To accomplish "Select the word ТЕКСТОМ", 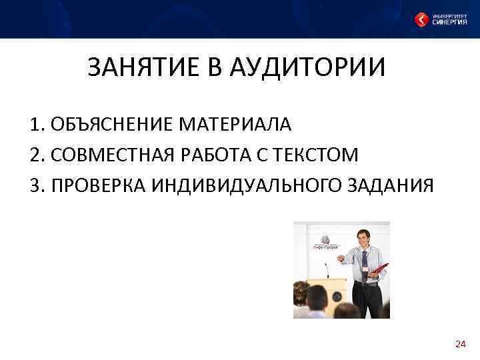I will click(316, 155).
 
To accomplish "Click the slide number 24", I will click(460, 344).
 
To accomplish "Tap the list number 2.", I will click(35, 155).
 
